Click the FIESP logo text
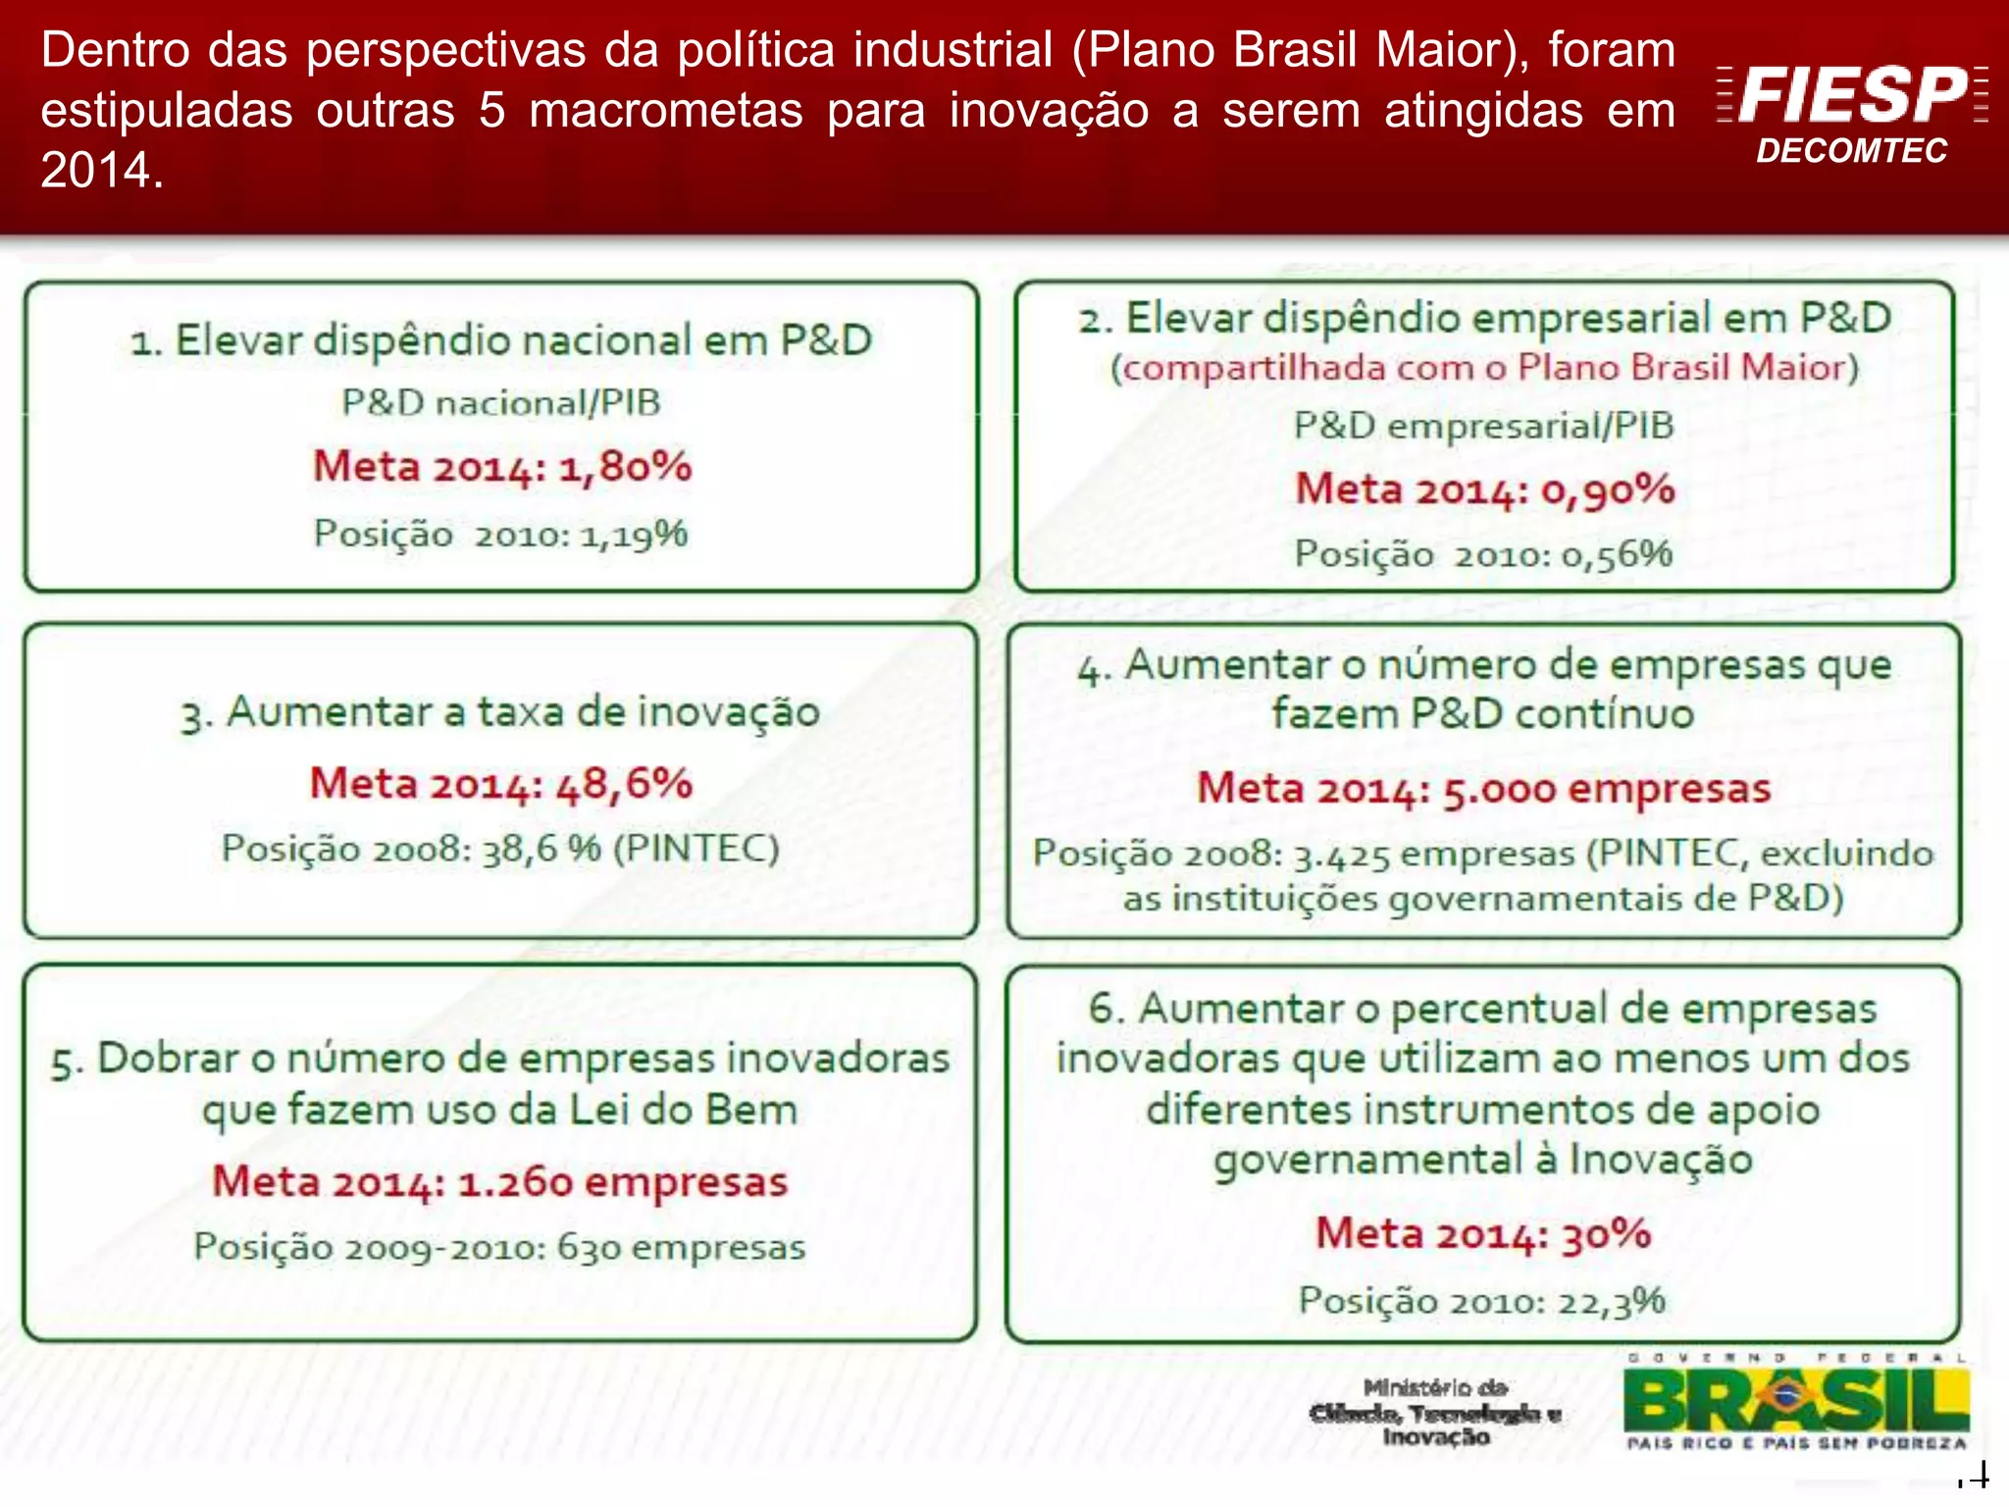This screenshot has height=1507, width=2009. [x=1852, y=95]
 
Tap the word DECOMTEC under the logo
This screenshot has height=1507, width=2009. [x=1851, y=151]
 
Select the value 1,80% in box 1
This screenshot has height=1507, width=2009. [x=625, y=467]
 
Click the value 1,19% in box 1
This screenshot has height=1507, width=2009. [x=634, y=535]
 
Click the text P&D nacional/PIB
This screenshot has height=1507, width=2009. [x=501, y=403]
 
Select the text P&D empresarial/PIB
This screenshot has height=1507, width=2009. [x=1483, y=426]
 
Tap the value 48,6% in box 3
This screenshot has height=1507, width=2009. [x=624, y=784]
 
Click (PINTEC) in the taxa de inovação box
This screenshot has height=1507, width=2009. [x=695, y=848]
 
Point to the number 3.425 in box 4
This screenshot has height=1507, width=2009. [x=1341, y=856]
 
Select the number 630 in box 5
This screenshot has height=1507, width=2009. [x=589, y=1248]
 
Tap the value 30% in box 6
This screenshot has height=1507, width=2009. [x=1606, y=1234]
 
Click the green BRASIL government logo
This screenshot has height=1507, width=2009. [x=1795, y=1401]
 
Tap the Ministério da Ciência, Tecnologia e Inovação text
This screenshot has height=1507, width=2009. [x=1435, y=1413]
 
